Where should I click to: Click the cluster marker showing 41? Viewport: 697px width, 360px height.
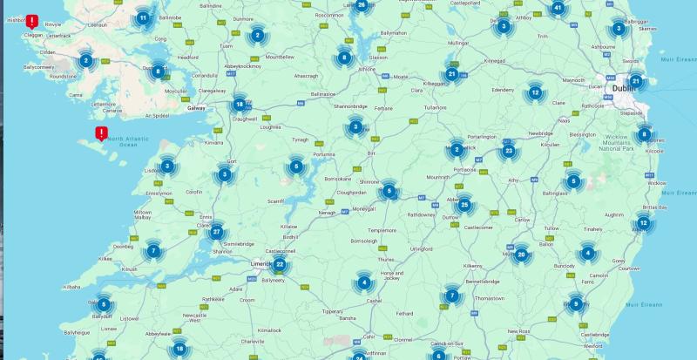558,9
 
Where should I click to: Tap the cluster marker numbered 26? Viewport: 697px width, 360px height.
362,5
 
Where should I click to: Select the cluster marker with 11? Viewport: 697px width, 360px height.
143,17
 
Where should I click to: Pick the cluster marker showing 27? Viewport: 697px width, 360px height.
216,231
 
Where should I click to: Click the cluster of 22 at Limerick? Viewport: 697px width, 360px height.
280,264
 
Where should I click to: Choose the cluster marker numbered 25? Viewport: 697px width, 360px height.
464,206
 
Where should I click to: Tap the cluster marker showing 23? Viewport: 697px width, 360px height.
509,151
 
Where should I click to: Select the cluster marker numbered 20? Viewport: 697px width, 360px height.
521,255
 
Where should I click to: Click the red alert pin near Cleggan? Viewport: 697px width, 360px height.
32,21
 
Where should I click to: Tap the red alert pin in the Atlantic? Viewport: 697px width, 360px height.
101,132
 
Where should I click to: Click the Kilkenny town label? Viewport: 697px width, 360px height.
472,265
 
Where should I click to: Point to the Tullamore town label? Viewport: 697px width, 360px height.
436,107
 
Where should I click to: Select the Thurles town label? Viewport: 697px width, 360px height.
386,259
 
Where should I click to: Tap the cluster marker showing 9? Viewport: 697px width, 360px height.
574,303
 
